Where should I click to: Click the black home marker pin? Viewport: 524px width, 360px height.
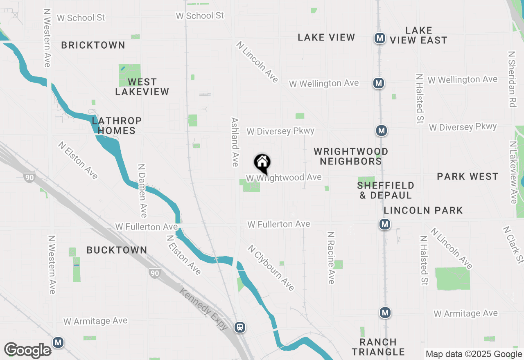pos(262,163)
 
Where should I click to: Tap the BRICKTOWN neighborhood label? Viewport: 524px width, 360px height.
pos(93,45)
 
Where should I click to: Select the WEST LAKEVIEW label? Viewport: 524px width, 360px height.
pos(142,87)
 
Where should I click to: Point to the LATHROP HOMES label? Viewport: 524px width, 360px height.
pos(117,126)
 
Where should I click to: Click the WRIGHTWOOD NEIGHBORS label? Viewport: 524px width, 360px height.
pos(351,156)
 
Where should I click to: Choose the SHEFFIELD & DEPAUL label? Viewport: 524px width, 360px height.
pos(386,190)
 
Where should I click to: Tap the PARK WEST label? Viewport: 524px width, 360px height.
pos(468,176)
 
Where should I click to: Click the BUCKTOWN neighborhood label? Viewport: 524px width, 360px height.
pos(117,250)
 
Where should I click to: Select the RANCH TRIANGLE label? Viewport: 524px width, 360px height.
pos(378,346)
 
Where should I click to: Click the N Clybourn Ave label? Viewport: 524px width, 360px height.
pos(271,268)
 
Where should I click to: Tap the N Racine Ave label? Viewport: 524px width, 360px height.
pos(331,258)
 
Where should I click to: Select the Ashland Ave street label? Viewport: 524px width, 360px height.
pos(235,142)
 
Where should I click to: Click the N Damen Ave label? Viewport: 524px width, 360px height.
pos(142,191)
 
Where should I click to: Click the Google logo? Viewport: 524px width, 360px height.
pos(28,350)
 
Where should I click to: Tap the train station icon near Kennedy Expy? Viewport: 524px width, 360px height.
pos(240,327)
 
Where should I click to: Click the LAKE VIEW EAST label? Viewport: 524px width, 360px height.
pos(418,35)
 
